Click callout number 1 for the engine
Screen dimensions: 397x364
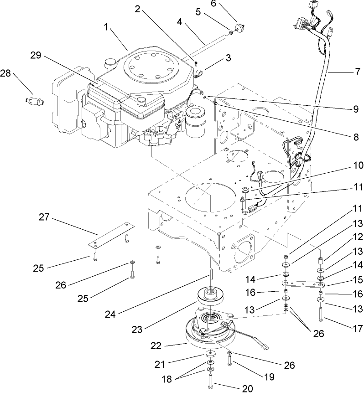coord(106,28)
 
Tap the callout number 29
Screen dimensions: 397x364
coord(36,56)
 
